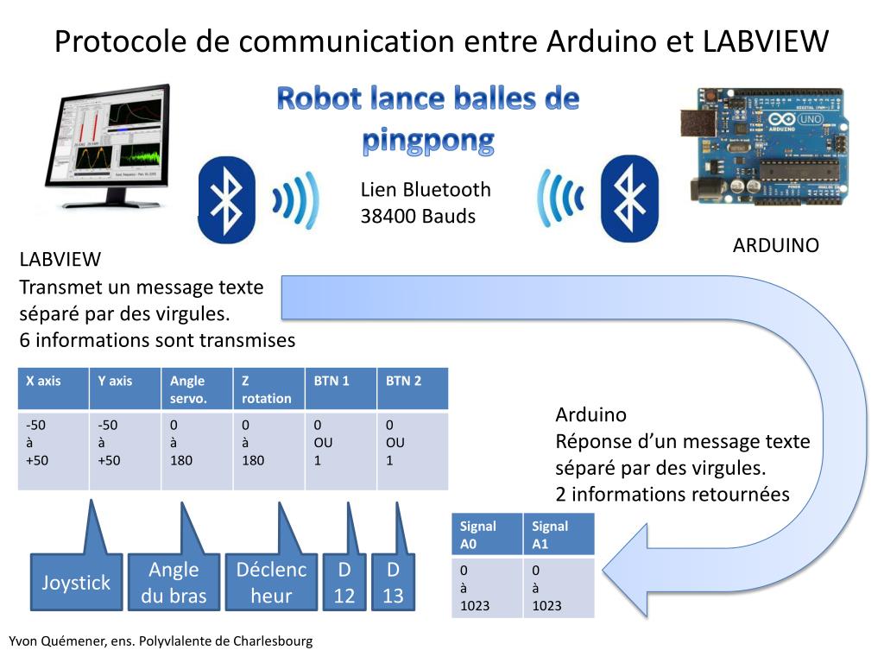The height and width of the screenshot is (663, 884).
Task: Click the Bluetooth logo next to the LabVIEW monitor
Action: click(227, 199)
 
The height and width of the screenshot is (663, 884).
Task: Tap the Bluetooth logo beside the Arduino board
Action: click(629, 199)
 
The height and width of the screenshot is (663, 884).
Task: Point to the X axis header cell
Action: click(53, 388)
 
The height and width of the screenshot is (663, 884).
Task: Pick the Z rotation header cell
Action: click(268, 388)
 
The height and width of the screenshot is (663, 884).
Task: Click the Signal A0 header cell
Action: click(487, 534)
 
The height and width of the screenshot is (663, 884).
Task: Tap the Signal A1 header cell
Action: click(559, 534)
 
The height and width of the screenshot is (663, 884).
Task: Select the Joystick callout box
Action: click(77, 583)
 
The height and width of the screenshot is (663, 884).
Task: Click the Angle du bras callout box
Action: click(174, 583)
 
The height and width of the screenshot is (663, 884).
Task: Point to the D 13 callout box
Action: click(393, 583)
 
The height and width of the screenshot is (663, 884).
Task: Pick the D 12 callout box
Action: click(344, 583)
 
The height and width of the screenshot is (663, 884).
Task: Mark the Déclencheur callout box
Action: click(271, 583)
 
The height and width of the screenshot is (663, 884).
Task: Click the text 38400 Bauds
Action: click(418, 216)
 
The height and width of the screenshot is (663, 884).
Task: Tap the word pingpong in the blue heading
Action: click(428, 139)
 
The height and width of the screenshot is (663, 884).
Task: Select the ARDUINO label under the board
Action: click(775, 245)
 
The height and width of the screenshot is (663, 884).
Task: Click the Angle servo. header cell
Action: click(196, 388)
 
